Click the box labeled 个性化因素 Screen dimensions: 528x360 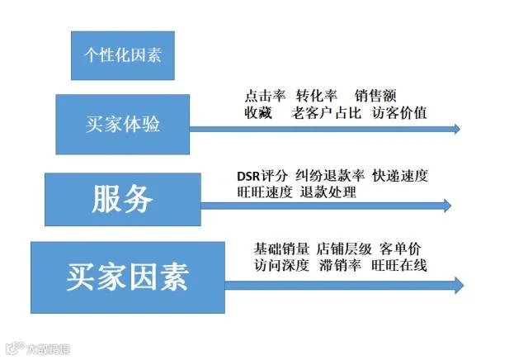click(x=123, y=55)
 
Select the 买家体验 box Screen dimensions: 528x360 click(x=123, y=125)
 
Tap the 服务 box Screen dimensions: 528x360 click(x=123, y=200)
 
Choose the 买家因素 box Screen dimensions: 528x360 click(x=128, y=277)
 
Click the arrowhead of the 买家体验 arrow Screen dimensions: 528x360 click(x=457, y=129)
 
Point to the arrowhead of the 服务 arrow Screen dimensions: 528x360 click(x=448, y=206)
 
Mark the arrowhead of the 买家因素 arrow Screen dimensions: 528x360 click(x=460, y=286)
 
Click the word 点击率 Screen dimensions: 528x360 click(x=265, y=96)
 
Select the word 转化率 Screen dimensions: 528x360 click(x=317, y=96)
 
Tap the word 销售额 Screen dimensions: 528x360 click(x=375, y=96)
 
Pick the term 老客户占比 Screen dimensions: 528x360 click(x=327, y=113)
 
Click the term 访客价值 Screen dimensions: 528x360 click(x=399, y=113)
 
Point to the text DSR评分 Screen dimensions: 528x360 click(x=262, y=176)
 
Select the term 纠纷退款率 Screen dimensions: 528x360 click(x=330, y=176)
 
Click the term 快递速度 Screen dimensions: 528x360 click(x=400, y=176)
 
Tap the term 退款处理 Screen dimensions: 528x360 click(x=328, y=192)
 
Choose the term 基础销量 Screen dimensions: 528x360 click(x=281, y=249)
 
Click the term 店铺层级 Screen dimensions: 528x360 click(x=344, y=249)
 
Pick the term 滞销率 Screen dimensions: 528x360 click(x=340, y=265)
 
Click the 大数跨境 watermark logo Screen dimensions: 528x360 click(x=38, y=348)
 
